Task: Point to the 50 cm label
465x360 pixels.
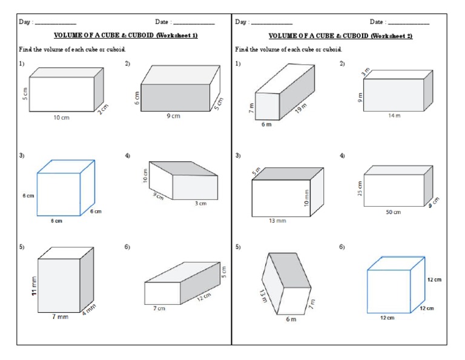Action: click(393, 212)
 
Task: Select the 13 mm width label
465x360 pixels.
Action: click(277, 221)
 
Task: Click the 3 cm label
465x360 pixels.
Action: click(200, 204)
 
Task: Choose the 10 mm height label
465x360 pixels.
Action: click(306, 197)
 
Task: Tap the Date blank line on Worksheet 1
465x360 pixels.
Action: click(194, 23)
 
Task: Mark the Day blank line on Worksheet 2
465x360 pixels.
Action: click(271, 23)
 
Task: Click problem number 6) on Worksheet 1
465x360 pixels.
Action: click(128, 247)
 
